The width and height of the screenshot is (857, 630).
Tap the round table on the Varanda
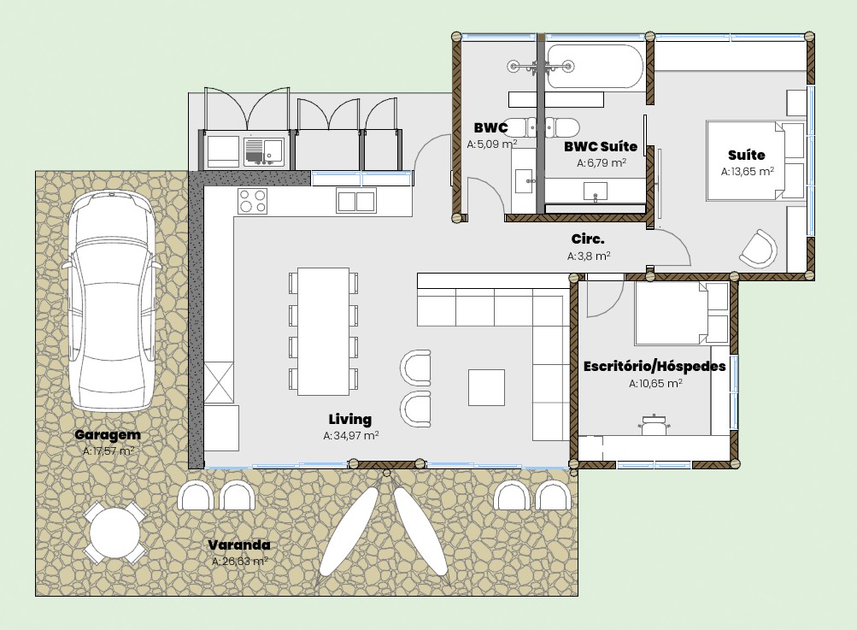click(114, 532)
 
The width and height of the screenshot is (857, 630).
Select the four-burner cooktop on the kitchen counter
click(253, 201)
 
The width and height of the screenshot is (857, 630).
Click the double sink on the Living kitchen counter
click(356, 201)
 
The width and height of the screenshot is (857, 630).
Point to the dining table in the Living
click(323, 332)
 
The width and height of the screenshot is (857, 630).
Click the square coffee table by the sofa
click(486, 387)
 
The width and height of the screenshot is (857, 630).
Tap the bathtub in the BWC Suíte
click(596, 66)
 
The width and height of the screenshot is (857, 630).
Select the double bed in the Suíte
click(755, 161)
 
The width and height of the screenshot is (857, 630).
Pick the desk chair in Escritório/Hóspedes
click(653, 424)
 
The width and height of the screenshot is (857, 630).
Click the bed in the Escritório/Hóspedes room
click(682, 314)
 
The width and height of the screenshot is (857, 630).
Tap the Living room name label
click(350, 420)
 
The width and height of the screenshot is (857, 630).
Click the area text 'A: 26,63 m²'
click(240, 561)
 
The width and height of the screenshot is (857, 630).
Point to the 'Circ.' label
click(588, 239)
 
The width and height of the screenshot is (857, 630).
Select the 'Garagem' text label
click(108, 435)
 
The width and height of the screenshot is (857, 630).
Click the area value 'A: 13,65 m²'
click(747, 171)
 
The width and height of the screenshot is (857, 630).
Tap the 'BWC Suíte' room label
click(601, 146)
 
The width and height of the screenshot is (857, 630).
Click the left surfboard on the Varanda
click(349, 531)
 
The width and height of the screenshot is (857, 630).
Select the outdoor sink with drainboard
click(264, 151)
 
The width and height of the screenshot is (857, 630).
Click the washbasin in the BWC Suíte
click(596, 192)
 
